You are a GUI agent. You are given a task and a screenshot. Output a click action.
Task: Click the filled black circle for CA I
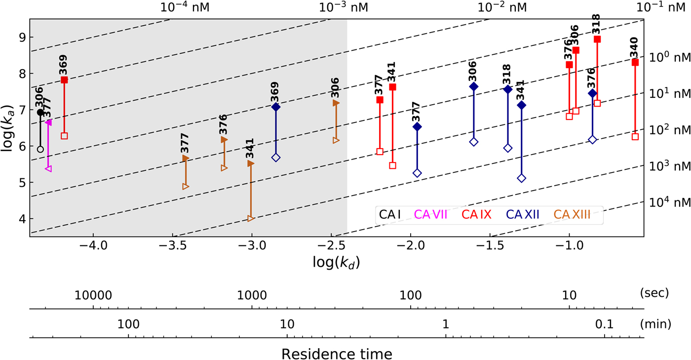point(40,112)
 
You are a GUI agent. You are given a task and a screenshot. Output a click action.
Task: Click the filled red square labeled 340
point(635,62)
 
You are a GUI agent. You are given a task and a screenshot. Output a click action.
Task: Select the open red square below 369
point(64,136)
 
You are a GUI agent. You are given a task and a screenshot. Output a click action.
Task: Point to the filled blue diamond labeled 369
point(276,107)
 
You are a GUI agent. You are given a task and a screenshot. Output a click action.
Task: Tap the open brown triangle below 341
point(251,218)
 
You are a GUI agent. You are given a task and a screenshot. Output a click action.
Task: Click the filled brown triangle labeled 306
point(336,103)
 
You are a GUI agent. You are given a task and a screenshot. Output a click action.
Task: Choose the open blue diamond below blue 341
point(522,178)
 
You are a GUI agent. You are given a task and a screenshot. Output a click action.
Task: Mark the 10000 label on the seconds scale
point(93,295)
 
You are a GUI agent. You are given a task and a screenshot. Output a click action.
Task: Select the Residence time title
point(337,354)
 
